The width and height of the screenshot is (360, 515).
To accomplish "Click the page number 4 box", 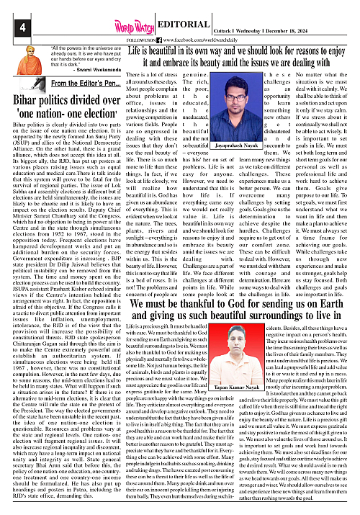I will click(x=12, y=28).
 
